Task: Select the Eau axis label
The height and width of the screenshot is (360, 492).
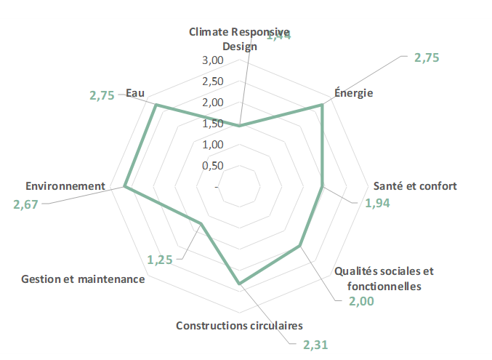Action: (135, 93)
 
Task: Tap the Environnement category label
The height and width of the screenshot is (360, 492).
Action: (65, 186)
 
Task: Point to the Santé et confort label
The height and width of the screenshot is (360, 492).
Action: (415, 185)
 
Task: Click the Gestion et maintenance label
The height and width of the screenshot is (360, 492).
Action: (83, 279)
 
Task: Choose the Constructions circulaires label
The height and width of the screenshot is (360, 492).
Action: (239, 325)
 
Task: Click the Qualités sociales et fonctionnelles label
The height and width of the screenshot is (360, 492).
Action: (384, 279)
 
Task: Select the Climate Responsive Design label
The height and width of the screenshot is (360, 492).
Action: (239, 39)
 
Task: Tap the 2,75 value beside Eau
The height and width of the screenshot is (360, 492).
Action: (102, 95)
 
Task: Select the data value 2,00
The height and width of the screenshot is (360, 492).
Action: (360, 301)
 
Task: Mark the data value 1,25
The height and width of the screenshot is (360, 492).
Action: (159, 259)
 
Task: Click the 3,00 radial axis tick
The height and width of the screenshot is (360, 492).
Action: (211, 60)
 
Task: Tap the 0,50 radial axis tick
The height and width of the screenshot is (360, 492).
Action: (211, 166)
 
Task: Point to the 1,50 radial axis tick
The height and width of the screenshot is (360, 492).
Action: (211, 124)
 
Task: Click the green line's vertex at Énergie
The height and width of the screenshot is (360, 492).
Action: (321, 105)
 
